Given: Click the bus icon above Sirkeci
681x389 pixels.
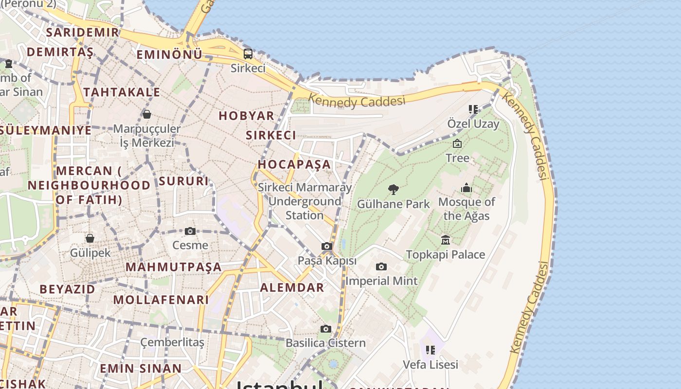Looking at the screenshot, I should pos(248,54).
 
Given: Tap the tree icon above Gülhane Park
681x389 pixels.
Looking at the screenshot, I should pos(394,189).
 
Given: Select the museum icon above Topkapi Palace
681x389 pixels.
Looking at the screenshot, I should pos(446,240).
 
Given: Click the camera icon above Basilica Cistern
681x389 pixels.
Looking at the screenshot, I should pos(326,329).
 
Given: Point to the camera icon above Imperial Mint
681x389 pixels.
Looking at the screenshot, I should pos(381,266).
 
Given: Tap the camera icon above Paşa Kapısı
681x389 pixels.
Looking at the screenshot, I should pos(327,247).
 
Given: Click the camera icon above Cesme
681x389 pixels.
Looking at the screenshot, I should pos(190,231).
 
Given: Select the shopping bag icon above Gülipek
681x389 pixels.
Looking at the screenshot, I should pos(90,238).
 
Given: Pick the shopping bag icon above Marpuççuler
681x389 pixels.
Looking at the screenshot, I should pos(147,114).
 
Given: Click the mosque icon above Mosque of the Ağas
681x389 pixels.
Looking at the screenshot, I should pos(466,188).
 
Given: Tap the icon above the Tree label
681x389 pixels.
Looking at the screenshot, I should pos(457,143).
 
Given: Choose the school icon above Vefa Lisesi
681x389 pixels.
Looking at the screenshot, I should pos(430,350).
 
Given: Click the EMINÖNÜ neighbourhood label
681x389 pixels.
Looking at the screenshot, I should pos(169,54).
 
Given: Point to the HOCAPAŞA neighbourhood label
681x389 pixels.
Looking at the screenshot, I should pos(294,164).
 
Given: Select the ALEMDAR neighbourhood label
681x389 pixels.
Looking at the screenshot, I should pos(292,287).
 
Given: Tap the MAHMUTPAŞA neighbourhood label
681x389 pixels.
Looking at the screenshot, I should pos(174,267).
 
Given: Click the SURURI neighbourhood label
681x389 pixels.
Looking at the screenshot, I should pos(183,181).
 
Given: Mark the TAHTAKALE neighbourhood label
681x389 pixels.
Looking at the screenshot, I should pos(122,92).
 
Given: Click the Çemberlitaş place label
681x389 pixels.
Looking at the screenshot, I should pos(172,342).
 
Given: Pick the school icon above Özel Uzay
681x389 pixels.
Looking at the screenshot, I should pos(473,109).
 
